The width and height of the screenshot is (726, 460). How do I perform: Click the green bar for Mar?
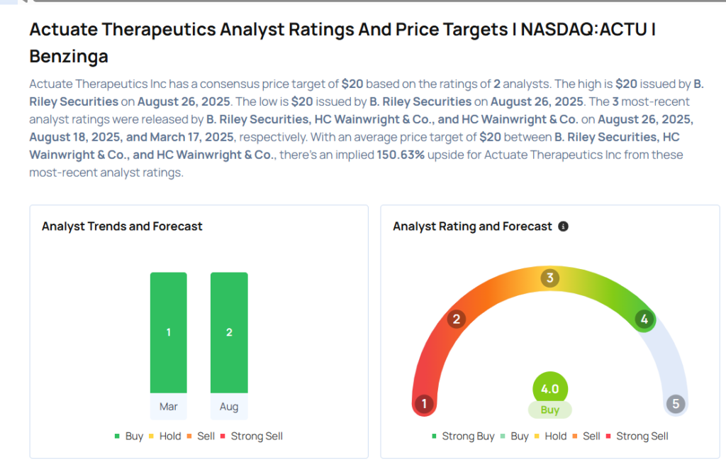coord(169,332)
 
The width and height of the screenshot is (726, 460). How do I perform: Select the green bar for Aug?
coord(229,332)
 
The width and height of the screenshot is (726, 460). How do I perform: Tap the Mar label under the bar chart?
coord(169,407)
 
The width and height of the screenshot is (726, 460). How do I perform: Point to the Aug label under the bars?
coord(229,407)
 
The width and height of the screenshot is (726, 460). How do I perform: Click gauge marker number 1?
coord(424,405)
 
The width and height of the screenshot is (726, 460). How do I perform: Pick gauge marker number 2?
coord(457,319)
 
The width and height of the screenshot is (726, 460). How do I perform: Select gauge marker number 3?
coord(549,278)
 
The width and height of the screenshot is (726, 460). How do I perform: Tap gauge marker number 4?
coord(644,319)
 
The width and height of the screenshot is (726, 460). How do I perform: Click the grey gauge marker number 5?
coord(676,405)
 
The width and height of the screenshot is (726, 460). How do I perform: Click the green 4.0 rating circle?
coord(550,389)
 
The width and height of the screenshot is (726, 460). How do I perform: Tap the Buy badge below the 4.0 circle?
coord(550,410)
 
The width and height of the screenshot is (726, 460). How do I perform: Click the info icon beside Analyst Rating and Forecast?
coord(563,226)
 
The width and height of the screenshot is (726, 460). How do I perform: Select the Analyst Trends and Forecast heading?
coord(122,226)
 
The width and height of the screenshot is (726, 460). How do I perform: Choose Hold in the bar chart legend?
coord(170,436)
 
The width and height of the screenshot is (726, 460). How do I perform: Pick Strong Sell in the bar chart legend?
coord(256,436)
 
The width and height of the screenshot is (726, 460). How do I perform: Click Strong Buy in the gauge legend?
coord(468,436)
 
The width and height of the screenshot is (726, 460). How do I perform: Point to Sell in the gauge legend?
coord(591,436)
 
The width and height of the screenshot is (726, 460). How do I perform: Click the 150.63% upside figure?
coord(401,155)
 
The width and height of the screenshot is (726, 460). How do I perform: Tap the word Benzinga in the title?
coord(69,56)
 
